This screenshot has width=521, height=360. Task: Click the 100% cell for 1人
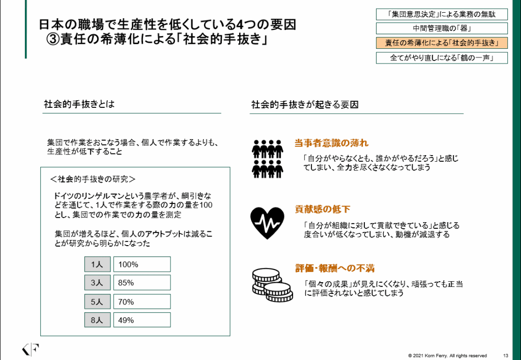tap(142, 264)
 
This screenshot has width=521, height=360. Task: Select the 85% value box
tap(142, 283)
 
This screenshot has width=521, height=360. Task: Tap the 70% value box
tap(142, 302)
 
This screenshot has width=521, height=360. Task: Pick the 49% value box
tap(142, 320)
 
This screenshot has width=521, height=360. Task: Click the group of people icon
tap(268, 158)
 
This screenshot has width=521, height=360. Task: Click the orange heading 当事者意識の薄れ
tap(331, 143)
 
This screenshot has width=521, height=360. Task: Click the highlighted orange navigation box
tap(442, 43)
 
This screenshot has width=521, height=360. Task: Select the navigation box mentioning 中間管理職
tap(442, 28)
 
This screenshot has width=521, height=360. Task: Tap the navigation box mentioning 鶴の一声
tap(442, 57)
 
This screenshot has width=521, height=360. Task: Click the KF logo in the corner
tap(31, 350)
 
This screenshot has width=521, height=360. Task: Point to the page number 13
tap(505, 355)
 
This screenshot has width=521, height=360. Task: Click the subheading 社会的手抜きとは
tap(79, 105)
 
